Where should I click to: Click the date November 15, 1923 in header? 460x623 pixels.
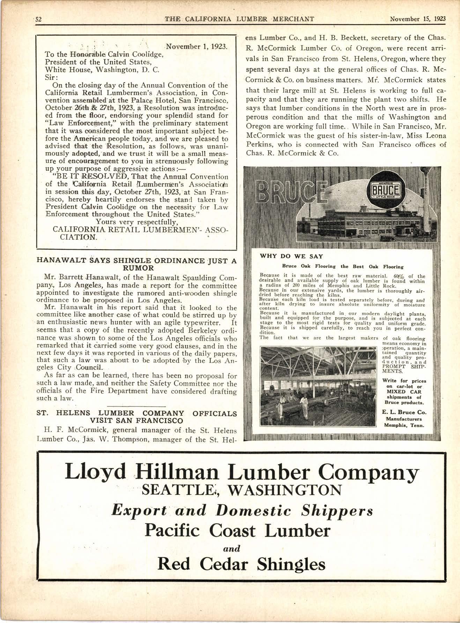(x=418, y=19)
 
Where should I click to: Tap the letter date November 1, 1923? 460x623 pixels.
(x=196, y=46)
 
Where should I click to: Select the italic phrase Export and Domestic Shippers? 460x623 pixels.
(x=242, y=511)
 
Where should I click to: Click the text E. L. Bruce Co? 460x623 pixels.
(x=404, y=412)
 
